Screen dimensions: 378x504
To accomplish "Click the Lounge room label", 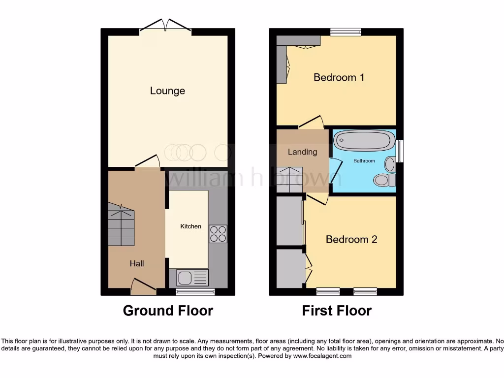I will click(167, 91).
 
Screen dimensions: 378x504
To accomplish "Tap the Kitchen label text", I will click(190, 226).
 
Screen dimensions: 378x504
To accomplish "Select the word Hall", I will click(137, 264).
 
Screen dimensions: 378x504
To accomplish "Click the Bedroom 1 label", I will click(339, 77).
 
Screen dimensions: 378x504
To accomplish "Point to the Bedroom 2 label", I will click(351, 240).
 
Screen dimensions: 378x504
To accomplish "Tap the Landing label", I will click(302, 152).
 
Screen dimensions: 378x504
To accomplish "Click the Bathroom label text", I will click(364, 161).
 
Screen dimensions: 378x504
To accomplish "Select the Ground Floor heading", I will click(168, 311).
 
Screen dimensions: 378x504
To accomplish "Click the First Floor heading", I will click(337, 311).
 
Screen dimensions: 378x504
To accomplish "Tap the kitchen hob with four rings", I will click(218, 233).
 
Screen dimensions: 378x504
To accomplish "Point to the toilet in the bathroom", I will click(384, 180).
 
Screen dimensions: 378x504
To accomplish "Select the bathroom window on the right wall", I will click(400, 151).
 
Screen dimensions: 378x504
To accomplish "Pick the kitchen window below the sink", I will click(195, 292).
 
